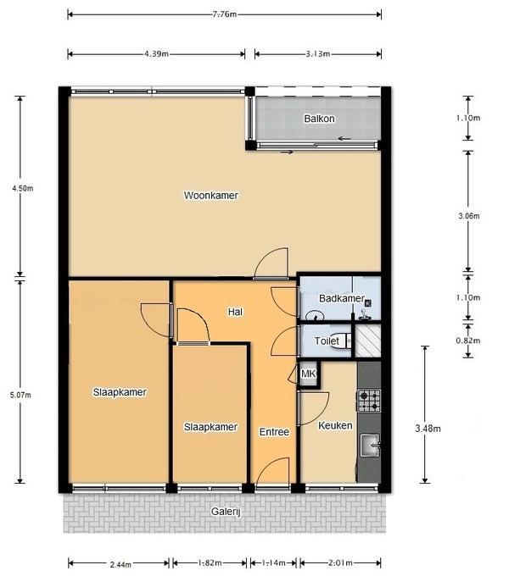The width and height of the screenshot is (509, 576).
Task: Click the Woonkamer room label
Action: coord(210,195)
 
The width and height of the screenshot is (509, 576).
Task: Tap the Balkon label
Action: coord(319,119)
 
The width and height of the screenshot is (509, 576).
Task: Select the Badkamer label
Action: coord(342,298)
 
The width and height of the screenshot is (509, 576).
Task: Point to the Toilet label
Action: coord(327,341)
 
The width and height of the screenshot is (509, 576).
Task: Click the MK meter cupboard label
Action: coord(308,374)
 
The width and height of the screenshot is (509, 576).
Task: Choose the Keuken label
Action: coord(335,425)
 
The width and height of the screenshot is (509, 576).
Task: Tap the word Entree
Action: coord(274,432)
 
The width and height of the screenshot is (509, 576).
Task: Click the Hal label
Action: coord(235,312)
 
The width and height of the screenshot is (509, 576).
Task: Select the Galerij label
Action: coord(226,512)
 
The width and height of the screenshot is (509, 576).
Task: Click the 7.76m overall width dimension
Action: coord(224,14)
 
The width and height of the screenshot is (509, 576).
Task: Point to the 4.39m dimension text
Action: coord(156,54)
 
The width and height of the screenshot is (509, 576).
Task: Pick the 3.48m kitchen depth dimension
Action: coord(428,429)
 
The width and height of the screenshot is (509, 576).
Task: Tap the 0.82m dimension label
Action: coord(467,341)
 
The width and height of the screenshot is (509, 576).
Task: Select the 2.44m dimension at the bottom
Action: coord(120,564)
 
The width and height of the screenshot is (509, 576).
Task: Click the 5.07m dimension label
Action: coord(20,396)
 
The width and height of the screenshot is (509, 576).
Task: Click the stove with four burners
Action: coord(369,401)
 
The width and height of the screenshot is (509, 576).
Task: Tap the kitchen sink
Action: coord(370,446)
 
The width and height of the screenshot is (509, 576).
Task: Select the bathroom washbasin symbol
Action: coord(315,316)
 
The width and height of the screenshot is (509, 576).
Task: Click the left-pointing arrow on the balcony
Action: coord(344,138)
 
